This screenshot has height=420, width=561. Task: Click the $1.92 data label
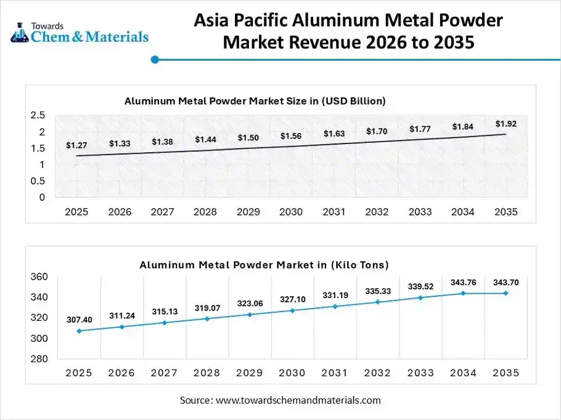506,124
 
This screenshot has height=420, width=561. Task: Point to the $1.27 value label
76,145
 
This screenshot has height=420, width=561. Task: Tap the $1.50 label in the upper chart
248,137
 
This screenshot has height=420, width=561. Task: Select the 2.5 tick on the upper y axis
38,115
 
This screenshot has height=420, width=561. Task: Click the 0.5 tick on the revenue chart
38,181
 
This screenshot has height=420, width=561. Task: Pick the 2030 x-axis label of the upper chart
291,212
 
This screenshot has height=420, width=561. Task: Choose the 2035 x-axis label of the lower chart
506,373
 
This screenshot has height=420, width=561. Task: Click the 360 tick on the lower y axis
38,277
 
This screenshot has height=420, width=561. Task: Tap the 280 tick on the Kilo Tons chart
38,359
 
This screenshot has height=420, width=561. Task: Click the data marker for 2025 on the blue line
79,331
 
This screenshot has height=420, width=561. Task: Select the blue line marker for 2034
463,293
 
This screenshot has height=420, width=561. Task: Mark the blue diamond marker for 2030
292,310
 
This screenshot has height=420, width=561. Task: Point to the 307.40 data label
80,320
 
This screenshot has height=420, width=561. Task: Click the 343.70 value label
506,282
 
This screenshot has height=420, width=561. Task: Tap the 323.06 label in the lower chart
250,304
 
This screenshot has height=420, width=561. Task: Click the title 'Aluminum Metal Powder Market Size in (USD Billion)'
255,100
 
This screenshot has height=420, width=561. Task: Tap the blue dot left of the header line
155,60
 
